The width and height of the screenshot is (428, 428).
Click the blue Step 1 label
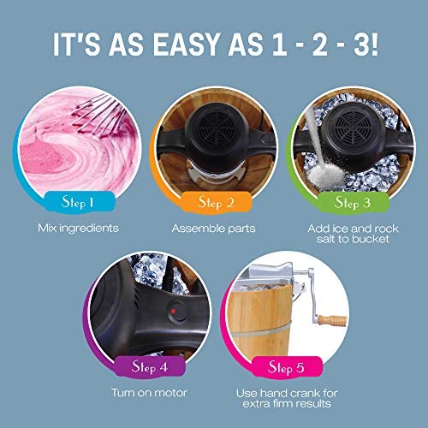tap(79, 202)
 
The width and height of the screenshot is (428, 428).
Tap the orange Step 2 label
tap(216, 202)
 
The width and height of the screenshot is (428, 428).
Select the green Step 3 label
tap(353, 202)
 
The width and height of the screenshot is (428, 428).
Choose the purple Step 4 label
tap(150, 366)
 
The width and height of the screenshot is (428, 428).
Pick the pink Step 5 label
tap(286, 367)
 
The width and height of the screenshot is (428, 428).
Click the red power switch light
tap(173, 311)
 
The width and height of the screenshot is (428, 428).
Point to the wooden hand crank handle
tap(332, 320)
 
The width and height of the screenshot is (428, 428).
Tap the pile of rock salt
tap(327, 175)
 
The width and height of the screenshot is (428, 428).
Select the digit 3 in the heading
tap(362, 45)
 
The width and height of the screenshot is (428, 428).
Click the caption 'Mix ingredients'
tap(78, 228)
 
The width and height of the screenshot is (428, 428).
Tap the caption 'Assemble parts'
tap(213, 229)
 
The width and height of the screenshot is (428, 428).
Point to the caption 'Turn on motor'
tap(149, 393)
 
